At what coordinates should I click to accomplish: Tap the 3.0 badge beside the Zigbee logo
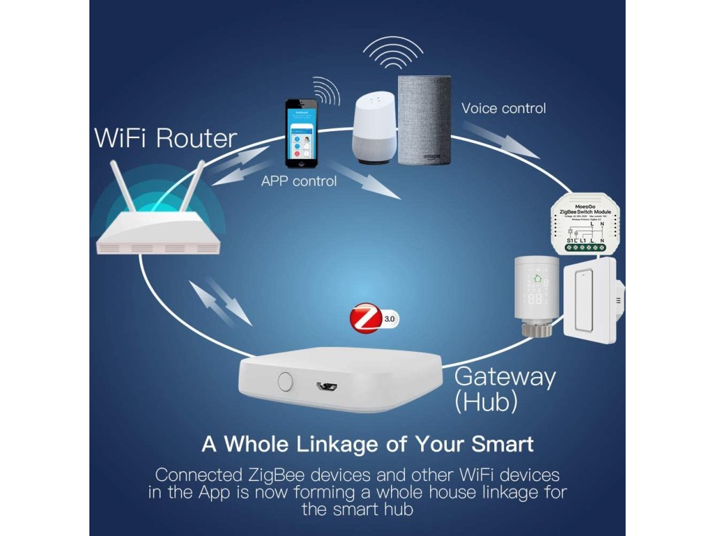coord(390,318)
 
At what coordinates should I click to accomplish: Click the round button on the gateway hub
coord(284,381)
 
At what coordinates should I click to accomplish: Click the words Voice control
coord(503,108)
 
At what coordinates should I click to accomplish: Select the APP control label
coord(299,181)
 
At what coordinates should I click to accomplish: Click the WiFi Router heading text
coord(165,137)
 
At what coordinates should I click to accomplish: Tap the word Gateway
coord(505,377)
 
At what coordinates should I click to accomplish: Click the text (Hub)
coord(486,402)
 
